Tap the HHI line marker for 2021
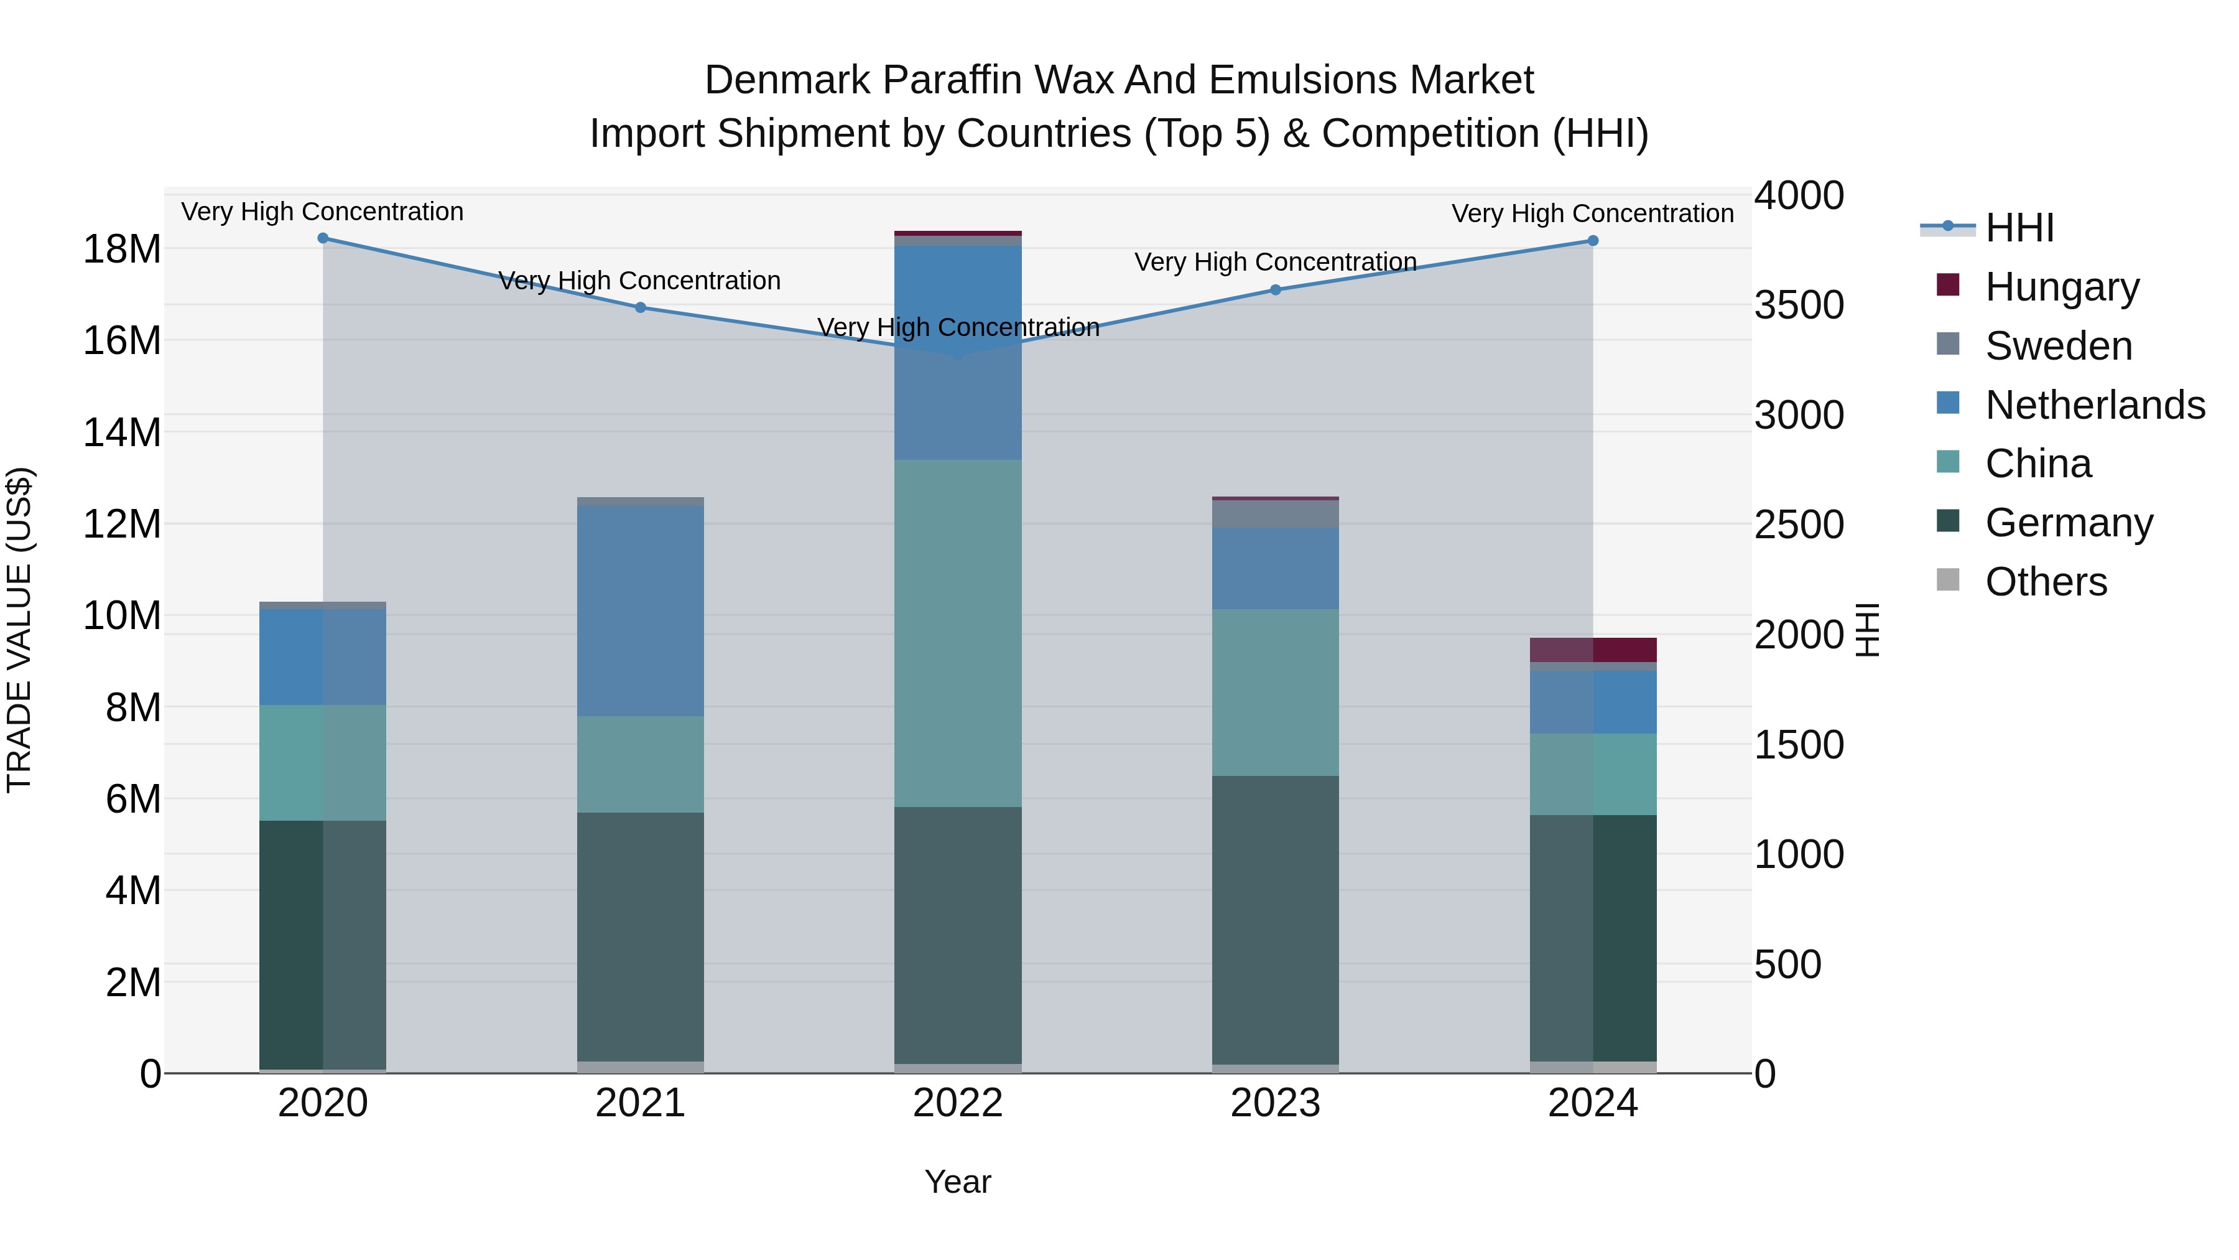[x=641, y=307]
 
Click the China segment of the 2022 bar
[x=958, y=633]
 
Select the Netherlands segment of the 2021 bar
[x=641, y=610]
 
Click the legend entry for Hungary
[x=2061, y=287]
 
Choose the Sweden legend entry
[x=2057, y=346]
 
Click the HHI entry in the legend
[x=2019, y=228]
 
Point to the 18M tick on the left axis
[x=122, y=250]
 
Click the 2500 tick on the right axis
[x=1798, y=525]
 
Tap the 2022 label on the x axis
[x=958, y=1103]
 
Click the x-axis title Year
[x=958, y=1182]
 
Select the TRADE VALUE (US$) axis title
[x=19, y=630]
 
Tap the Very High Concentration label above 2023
[x=1275, y=262]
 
